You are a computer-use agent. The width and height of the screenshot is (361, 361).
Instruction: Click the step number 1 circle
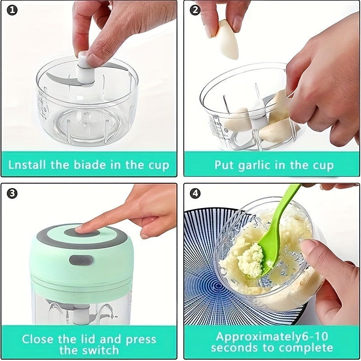coord(12,10)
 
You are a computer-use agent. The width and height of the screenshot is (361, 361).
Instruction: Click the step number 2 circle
coord(194,10)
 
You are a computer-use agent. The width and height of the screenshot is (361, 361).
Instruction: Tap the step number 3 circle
coord(12,194)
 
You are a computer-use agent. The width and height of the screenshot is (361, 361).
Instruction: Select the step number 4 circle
coord(194,194)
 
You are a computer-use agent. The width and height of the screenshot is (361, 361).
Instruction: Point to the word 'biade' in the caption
coord(89,164)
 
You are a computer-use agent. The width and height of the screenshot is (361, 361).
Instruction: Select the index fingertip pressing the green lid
coord(81,229)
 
